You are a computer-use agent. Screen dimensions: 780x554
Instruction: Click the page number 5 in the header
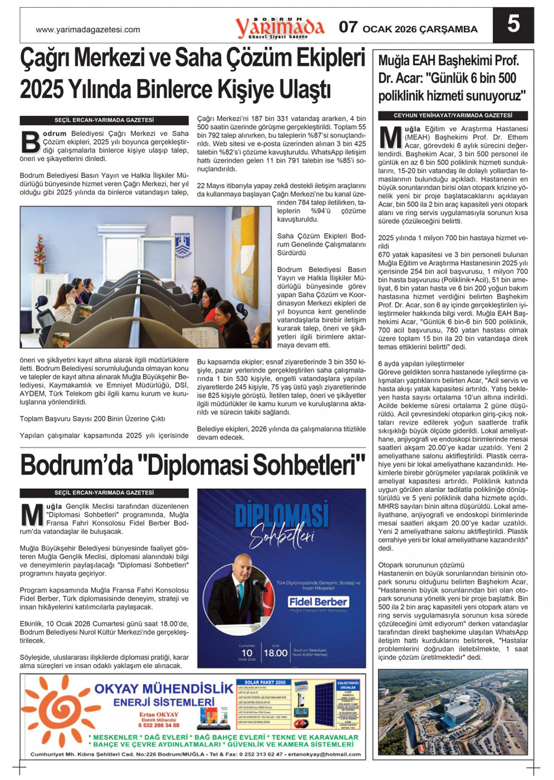513,25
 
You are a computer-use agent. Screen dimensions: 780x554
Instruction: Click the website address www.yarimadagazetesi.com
88,30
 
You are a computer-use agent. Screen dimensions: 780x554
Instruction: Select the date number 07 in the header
348,27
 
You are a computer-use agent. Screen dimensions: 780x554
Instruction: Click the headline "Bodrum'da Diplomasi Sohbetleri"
192,465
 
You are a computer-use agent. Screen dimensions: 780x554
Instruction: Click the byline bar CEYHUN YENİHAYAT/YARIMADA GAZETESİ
453,116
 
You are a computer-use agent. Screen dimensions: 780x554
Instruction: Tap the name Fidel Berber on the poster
318,602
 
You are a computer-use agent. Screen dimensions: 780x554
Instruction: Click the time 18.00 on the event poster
275,653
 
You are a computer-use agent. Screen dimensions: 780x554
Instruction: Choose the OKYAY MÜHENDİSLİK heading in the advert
164,689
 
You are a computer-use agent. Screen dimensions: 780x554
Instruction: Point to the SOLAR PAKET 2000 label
265,682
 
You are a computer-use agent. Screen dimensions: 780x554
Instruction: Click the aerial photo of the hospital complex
453,712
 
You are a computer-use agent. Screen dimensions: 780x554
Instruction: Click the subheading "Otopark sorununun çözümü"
413,565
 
